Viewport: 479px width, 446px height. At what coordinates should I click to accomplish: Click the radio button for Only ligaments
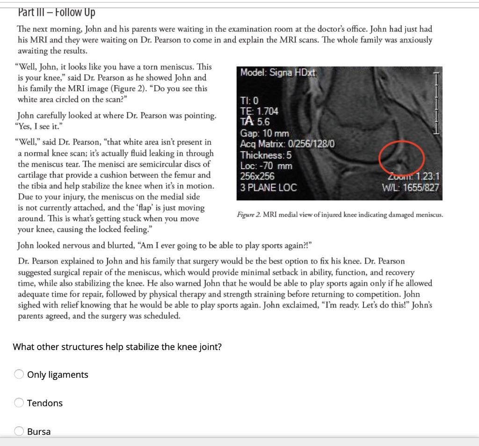click(19, 374)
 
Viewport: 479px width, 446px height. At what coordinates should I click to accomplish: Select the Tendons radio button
click(19, 403)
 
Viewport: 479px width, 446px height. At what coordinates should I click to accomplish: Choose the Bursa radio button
click(19, 431)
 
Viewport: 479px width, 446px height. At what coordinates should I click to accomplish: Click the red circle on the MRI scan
click(401, 158)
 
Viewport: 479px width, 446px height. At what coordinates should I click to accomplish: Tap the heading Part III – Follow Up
click(57, 12)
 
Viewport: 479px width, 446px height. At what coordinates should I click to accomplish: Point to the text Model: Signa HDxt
click(278, 73)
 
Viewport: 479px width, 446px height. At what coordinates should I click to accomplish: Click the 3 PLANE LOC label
click(268, 188)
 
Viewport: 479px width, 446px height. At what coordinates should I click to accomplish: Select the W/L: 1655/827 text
click(410, 188)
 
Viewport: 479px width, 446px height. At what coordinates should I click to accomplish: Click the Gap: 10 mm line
click(264, 133)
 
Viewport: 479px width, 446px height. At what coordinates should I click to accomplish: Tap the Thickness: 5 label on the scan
click(266, 155)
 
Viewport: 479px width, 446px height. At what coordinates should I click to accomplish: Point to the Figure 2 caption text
click(340, 215)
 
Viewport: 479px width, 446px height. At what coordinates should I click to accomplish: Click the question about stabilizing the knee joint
click(117, 347)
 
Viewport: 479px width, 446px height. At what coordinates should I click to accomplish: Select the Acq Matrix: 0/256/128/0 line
click(287, 144)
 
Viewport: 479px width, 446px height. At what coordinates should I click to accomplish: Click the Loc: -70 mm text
click(266, 166)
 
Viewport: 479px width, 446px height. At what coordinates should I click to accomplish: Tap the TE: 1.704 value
click(259, 111)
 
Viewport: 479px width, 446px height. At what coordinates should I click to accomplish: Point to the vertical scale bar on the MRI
click(436, 103)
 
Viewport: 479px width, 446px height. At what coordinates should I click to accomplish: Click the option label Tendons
click(45, 403)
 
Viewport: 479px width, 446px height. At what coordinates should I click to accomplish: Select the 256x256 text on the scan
click(257, 177)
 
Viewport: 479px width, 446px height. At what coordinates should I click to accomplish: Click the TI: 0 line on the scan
click(249, 101)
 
